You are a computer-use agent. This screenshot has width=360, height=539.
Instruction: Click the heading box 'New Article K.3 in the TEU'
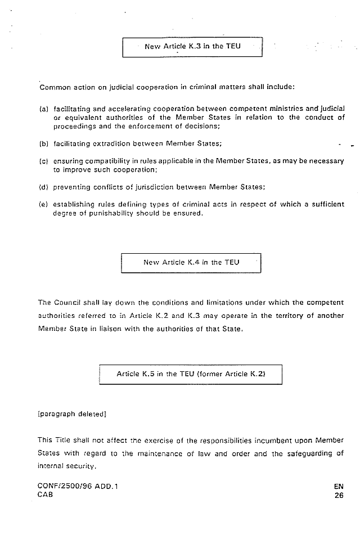(192, 46)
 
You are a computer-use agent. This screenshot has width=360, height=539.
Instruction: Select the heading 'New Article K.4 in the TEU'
(192, 262)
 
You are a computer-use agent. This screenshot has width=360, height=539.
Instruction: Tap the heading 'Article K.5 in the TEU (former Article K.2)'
(190, 374)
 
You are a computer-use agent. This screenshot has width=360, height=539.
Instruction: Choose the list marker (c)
(43, 161)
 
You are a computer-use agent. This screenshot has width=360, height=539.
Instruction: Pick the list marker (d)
(43, 187)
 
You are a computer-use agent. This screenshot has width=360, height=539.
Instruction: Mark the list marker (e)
(43, 205)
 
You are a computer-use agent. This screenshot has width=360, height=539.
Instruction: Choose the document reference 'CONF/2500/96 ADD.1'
(78, 485)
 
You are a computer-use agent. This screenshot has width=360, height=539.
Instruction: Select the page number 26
(338, 496)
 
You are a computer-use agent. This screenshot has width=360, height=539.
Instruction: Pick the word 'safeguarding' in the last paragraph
(302, 454)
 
